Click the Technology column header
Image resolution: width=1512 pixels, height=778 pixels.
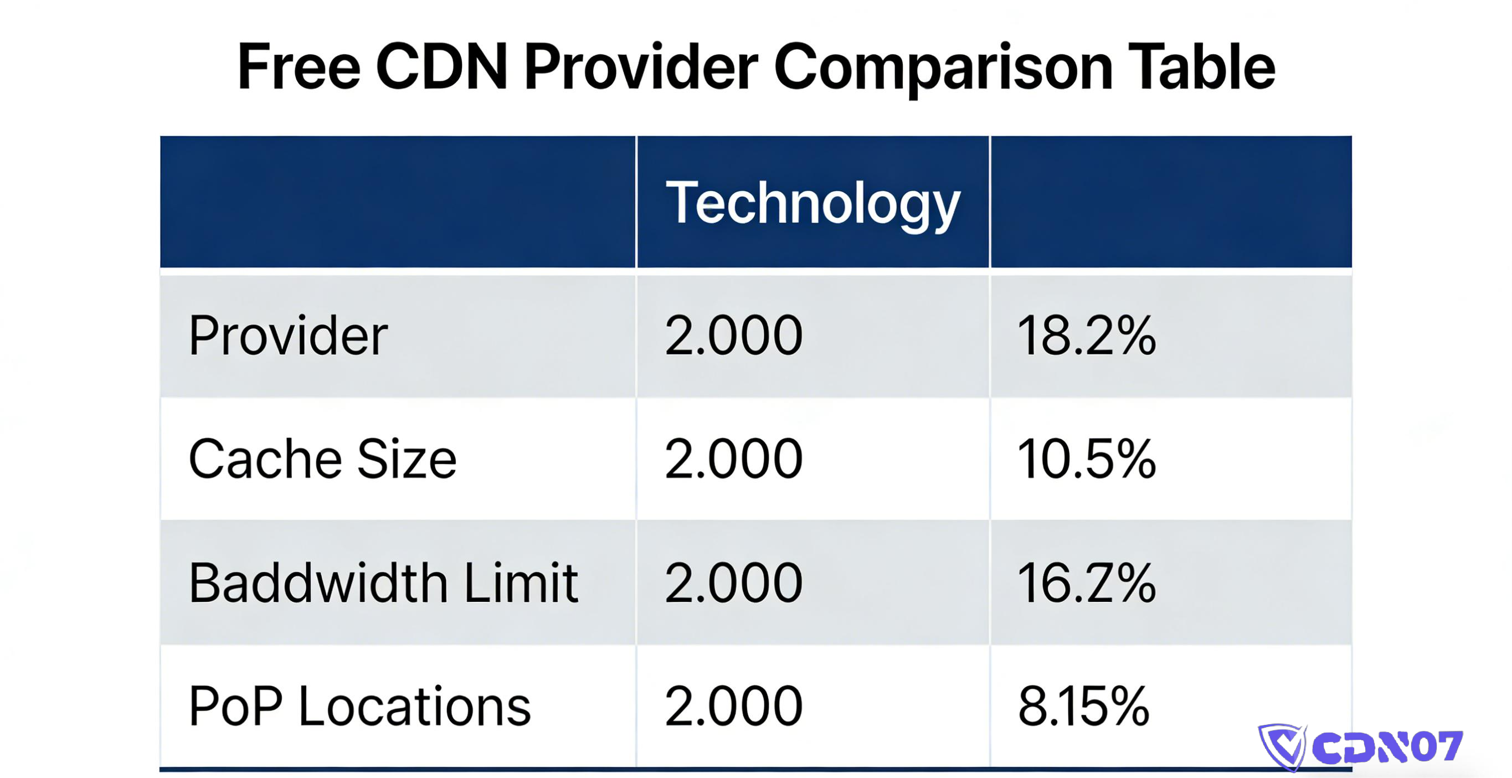point(812,203)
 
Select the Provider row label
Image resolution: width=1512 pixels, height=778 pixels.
point(287,336)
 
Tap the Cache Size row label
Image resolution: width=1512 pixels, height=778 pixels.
point(322,460)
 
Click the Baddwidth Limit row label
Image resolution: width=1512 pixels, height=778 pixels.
point(383,583)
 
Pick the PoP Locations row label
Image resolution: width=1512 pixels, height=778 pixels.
point(359,707)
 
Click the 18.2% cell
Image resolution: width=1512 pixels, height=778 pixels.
point(1086,336)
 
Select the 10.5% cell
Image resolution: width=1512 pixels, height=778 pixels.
point(1086,460)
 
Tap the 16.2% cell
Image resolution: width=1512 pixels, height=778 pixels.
point(1086,583)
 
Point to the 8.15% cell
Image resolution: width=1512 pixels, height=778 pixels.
point(1083,707)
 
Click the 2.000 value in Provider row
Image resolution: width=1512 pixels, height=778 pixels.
point(733,336)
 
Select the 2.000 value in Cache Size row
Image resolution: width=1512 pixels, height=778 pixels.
point(733,460)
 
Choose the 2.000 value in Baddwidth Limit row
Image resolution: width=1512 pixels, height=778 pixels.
point(733,583)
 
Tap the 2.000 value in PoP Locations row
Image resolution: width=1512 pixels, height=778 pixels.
point(733,707)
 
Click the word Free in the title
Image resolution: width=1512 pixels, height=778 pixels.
point(298,68)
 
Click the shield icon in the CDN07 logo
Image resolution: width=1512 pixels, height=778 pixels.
point(1282,747)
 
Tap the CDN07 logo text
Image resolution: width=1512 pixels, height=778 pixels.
point(1386,747)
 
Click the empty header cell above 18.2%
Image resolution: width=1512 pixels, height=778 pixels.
point(1171,203)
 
